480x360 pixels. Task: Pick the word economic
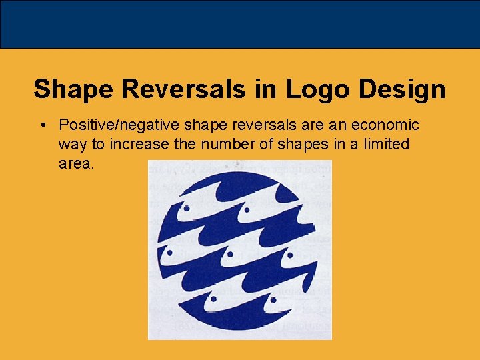[385, 125]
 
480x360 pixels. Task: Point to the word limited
[387, 144]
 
